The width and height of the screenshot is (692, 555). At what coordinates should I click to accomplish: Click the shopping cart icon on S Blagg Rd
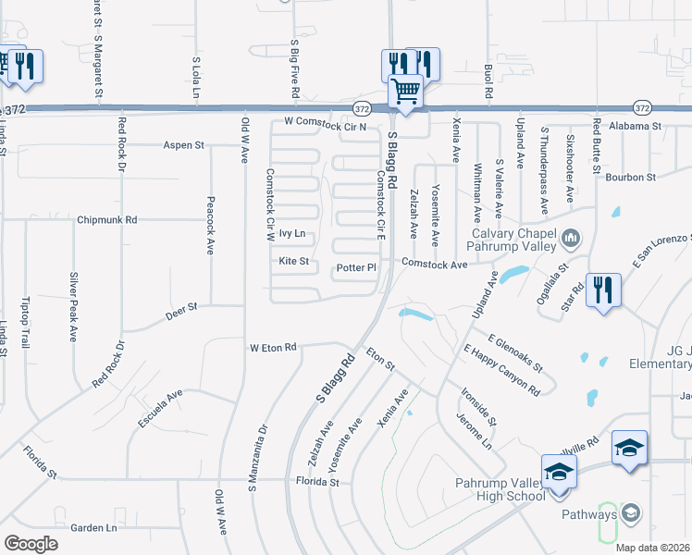(x=406, y=92)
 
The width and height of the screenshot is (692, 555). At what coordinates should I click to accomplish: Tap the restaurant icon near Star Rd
(x=603, y=290)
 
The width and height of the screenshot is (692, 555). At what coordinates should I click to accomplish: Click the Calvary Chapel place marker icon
(x=570, y=240)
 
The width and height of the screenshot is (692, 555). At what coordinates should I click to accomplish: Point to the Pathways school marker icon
(x=630, y=512)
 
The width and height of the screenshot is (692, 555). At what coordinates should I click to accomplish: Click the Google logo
(x=31, y=543)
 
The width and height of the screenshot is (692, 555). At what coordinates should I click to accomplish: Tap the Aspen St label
(x=183, y=145)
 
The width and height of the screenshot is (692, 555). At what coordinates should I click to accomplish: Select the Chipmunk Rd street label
(x=107, y=220)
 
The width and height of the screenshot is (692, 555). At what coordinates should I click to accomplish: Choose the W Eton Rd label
(x=272, y=348)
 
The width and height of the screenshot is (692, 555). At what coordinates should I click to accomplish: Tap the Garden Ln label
(x=93, y=528)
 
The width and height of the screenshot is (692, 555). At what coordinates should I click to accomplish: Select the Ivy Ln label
(x=292, y=234)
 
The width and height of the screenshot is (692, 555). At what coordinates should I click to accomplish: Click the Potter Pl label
(x=356, y=268)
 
